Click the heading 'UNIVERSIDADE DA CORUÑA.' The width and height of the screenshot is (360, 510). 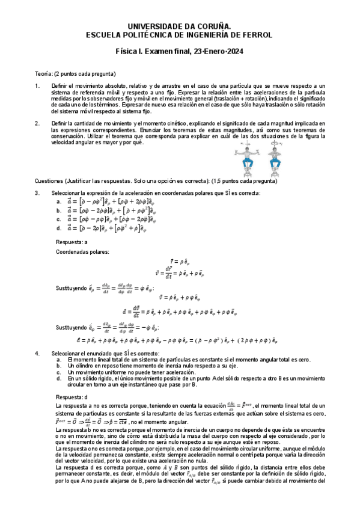click(180, 26)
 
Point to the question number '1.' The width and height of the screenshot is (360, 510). click(37, 87)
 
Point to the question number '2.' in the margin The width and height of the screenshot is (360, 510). click(37, 123)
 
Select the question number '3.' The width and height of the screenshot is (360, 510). click(37, 192)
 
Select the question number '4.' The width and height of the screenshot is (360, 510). click(37, 352)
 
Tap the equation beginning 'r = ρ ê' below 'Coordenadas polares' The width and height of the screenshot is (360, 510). click(180, 261)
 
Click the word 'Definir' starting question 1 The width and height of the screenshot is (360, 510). click(61, 87)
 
